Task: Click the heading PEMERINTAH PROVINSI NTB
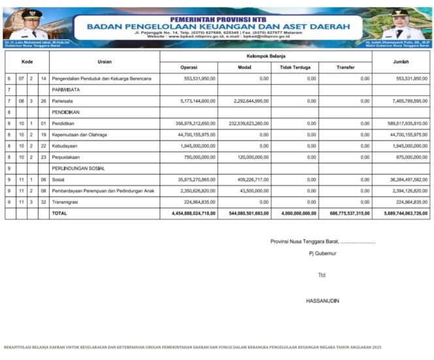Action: click(x=216, y=20)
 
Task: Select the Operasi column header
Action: click(x=189, y=67)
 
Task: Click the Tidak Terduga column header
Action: click(x=295, y=67)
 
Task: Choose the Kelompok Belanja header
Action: click(x=266, y=56)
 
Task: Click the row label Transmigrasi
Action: click(x=68, y=202)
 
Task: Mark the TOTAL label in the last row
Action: click(x=59, y=213)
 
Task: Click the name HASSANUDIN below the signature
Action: click(x=322, y=301)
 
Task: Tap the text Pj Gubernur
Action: click(x=322, y=253)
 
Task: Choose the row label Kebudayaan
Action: click(x=67, y=146)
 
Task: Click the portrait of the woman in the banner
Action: click(x=399, y=25)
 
